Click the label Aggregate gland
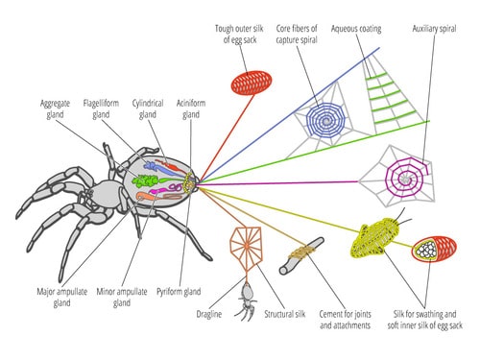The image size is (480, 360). (x=56, y=108)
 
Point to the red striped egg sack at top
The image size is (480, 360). (x=252, y=83)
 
